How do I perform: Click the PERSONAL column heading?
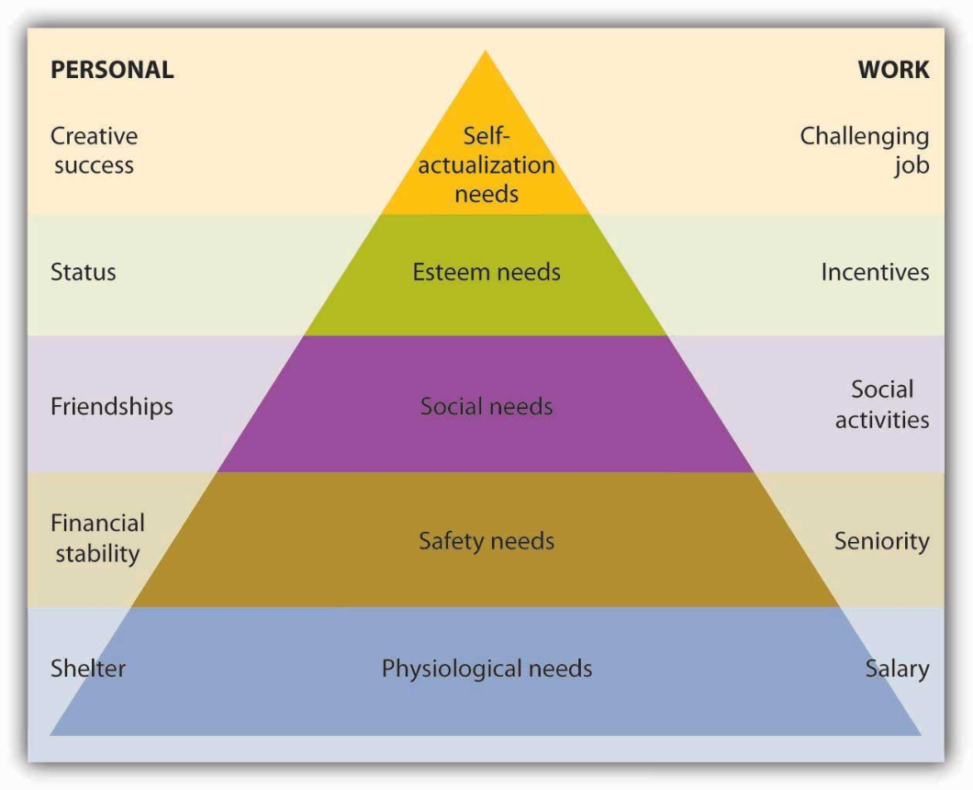[x=112, y=70]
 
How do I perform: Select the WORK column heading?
[x=893, y=70]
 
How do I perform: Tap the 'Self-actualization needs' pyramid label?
[x=486, y=165]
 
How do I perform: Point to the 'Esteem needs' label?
[x=486, y=272]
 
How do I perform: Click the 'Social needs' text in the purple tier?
[x=486, y=406]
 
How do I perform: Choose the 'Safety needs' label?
[x=486, y=540]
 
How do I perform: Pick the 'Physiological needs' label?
[x=486, y=668]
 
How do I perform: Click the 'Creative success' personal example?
[x=94, y=151]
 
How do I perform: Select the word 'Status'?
[x=84, y=272]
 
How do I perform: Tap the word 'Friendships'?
[x=112, y=406]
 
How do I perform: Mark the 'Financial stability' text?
[x=97, y=538]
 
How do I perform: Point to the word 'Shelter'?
[x=88, y=668]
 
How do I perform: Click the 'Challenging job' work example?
[x=865, y=151]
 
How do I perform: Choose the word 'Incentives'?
[x=875, y=272]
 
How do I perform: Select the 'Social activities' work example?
[x=881, y=404]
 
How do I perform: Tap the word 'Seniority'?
[x=881, y=540]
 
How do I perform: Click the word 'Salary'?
[x=897, y=668]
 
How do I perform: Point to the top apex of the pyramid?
[x=486, y=52]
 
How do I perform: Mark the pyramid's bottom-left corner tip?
[x=51, y=734]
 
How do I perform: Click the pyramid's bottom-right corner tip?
[x=920, y=734]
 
